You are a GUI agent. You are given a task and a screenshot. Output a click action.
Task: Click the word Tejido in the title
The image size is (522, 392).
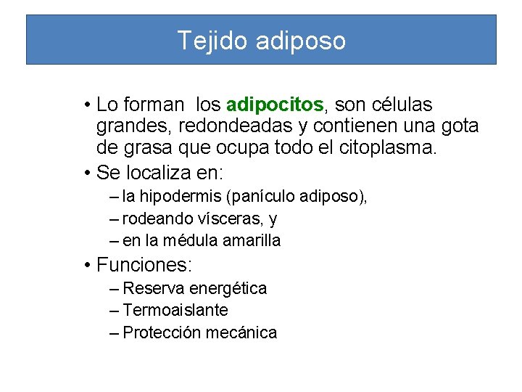click(x=213, y=41)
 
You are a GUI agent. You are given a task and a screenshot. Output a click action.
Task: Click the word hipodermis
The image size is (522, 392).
click(x=181, y=196)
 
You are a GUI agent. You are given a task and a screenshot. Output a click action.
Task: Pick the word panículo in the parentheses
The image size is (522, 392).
click(x=258, y=196)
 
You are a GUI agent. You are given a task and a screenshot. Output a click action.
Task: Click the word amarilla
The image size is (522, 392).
click(x=253, y=240)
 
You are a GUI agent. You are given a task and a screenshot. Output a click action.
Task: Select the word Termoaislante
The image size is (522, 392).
click(x=175, y=310)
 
